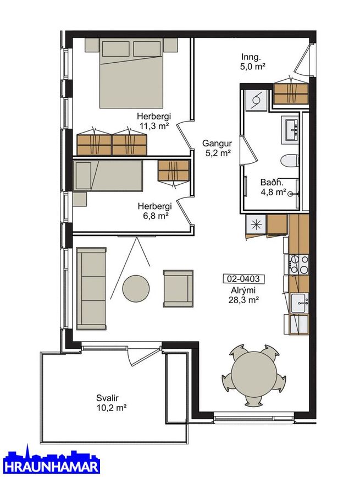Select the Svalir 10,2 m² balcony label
tap(111, 403)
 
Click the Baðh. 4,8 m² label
tap(273, 187)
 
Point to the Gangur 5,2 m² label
tap(217, 148)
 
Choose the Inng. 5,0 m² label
tap(252, 62)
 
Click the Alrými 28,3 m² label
tap(243, 295)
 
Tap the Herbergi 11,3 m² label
tap(154, 121)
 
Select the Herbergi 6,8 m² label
tap(154, 211)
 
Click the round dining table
tap(254, 375)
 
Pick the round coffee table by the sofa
tap(136, 288)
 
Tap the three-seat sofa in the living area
tap(91, 288)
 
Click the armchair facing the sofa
tap(178, 288)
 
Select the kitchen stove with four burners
tap(299, 264)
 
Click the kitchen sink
tap(299, 303)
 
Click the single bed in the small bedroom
tap(108, 176)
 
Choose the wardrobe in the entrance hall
tap(291, 93)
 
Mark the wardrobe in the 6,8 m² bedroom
tap(174, 171)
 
